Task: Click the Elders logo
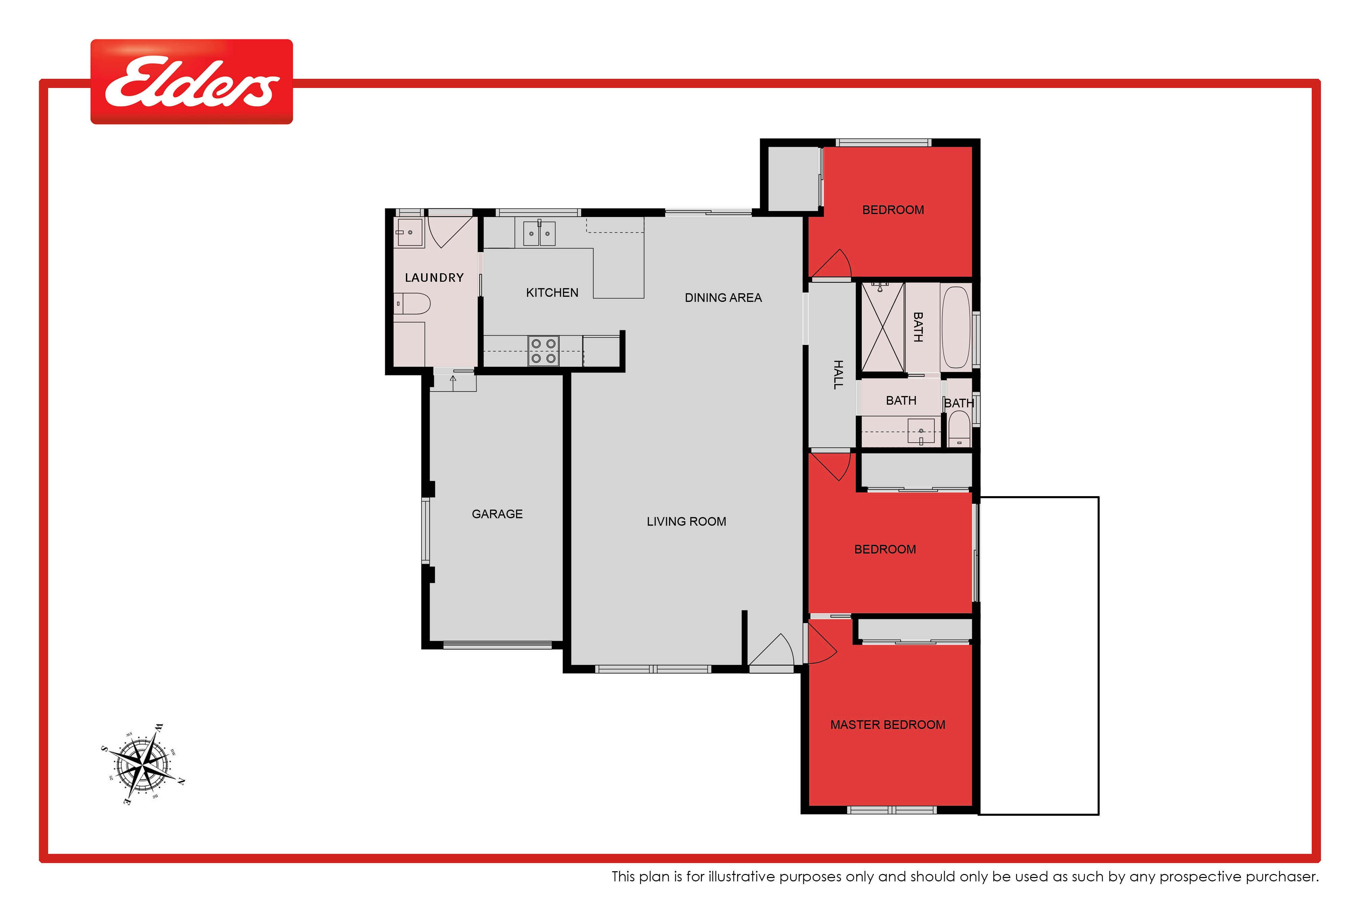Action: pyautogui.click(x=191, y=82)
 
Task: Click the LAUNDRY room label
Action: pyautogui.click(x=434, y=278)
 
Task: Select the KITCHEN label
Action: pyautogui.click(x=552, y=293)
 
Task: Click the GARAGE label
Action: pyautogui.click(x=497, y=514)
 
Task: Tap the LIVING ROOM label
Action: pyautogui.click(x=686, y=522)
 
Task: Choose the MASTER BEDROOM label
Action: pyautogui.click(x=888, y=725)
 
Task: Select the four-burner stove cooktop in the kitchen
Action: pyautogui.click(x=544, y=351)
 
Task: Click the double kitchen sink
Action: pyautogui.click(x=539, y=233)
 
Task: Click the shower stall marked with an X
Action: pyautogui.click(x=883, y=327)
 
